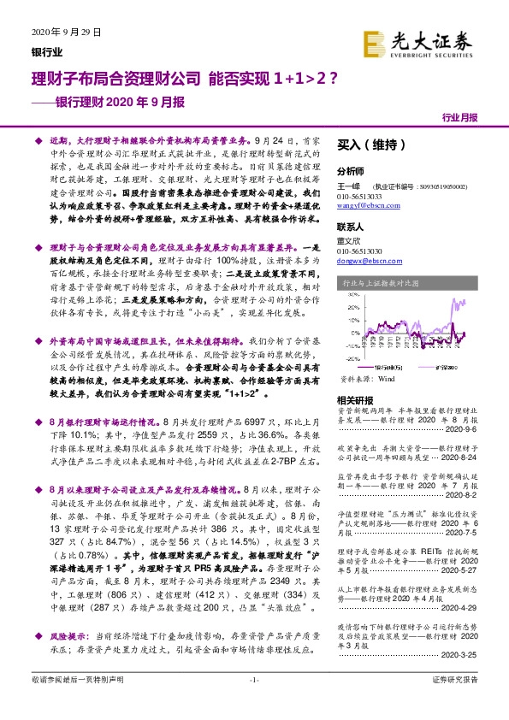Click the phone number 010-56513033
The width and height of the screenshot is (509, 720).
(360, 197)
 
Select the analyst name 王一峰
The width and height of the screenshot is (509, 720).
(346, 185)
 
